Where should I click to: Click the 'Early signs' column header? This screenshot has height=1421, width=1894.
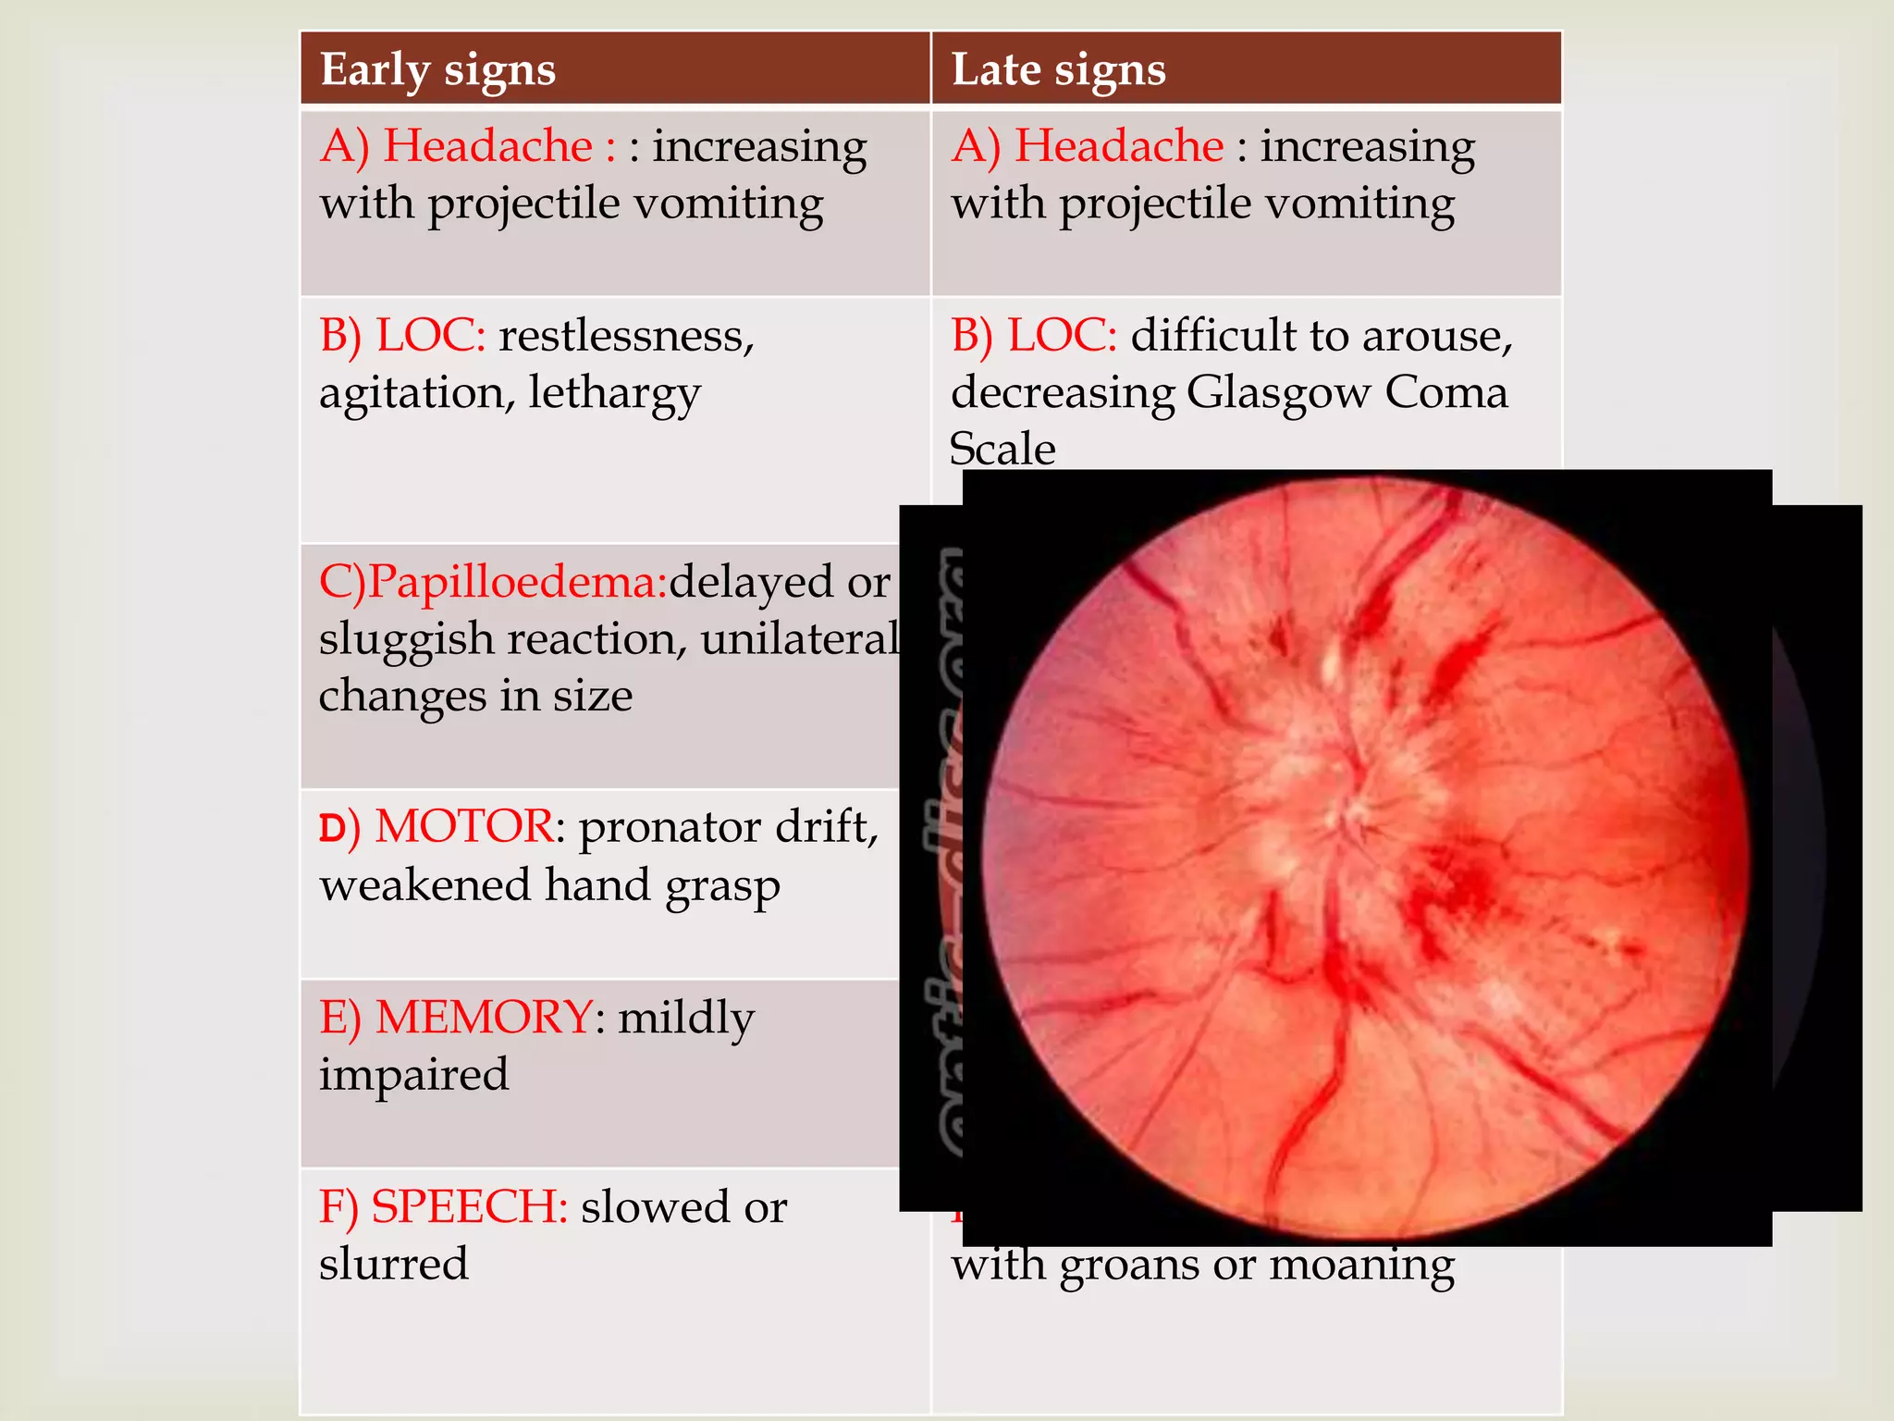click(x=437, y=70)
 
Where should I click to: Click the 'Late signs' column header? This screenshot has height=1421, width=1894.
click(x=1058, y=70)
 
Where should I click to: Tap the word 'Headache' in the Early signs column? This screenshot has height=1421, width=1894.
click(x=487, y=146)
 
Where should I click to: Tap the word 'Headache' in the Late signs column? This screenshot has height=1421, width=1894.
click(x=1119, y=146)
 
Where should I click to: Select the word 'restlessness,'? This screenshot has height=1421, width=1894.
click(x=626, y=336)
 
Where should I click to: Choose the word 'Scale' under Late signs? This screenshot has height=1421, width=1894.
click(x=1002, y=450)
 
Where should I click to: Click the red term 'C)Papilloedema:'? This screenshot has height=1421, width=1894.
click(x=492, y=583)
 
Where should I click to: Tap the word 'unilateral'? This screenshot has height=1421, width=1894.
click(x=799, y=639)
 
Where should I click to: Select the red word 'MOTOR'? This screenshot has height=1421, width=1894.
click(x=463, y=826)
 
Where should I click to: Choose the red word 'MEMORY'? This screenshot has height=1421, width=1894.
click(x=484, y=1018)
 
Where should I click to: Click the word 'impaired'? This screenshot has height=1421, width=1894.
click(x=413, y=1076)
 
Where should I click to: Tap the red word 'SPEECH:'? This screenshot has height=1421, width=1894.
click(x=469, y=1207)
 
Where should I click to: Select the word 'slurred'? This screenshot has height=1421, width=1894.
click(x=393, y=1265)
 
